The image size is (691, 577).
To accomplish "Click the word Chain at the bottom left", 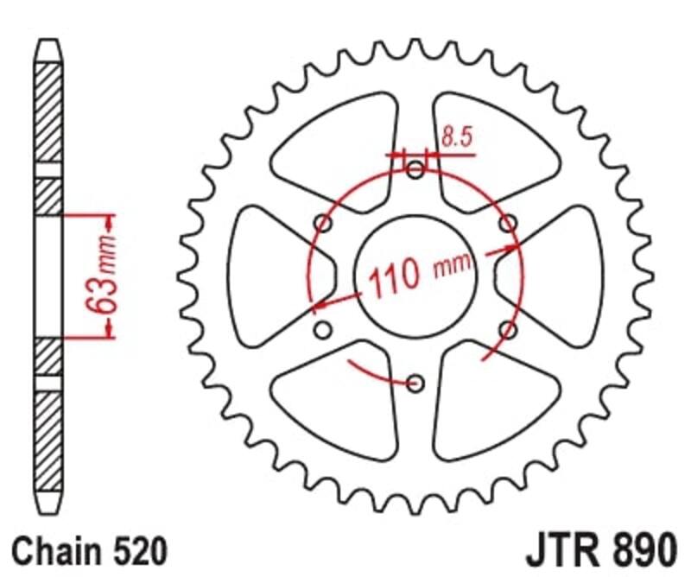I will click(53, 549).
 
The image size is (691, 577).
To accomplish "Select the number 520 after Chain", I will click(132, 549).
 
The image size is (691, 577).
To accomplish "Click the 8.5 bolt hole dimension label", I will click(456, 136).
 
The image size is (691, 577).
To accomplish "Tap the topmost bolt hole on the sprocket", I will click(415, 169).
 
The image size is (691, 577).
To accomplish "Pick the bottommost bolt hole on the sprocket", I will click(415, 382).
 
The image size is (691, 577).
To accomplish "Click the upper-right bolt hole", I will click(508, 224).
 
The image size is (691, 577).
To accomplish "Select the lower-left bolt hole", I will click(323, 329).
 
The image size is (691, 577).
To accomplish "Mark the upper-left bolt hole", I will click(324, 224).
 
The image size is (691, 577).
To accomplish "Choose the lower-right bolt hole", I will click(508, 329).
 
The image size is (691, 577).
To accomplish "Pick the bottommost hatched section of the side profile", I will click(48, 441).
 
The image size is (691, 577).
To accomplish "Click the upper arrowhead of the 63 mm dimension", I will click(110, 219).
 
